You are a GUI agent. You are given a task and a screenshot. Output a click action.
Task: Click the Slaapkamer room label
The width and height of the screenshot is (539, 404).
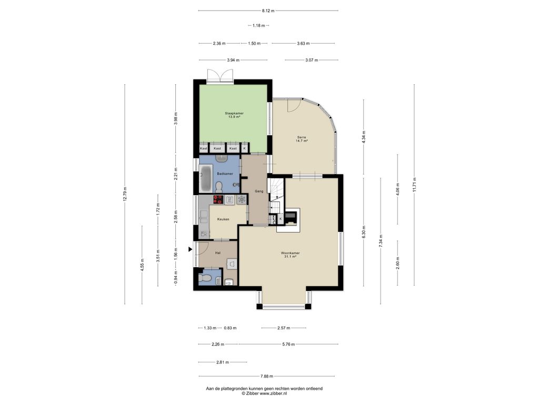tap(234, 114)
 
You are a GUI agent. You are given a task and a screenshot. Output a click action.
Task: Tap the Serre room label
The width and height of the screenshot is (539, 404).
tap(302, 137)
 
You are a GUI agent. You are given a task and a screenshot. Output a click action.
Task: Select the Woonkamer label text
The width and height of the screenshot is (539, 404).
tap(290, 253)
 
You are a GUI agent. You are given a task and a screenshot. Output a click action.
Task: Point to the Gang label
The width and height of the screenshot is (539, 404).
tap(259, 191)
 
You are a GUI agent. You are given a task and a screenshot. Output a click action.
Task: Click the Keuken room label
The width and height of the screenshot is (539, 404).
tap(223, 219)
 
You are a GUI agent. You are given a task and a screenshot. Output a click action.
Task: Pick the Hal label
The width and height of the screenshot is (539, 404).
tap(217, 253)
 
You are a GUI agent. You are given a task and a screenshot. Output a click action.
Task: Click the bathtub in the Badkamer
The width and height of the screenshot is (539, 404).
tap(206, 179)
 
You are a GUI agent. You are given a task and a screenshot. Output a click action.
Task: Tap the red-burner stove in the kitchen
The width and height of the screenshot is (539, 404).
tap(218, 200)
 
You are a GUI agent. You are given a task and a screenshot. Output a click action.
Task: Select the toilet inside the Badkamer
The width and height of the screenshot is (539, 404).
tap(218, 187)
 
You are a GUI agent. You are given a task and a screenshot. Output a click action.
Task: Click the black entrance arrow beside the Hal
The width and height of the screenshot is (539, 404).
tap(189, 250)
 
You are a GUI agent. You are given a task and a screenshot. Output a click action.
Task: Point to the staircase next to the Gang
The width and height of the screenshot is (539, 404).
tap(276, 201)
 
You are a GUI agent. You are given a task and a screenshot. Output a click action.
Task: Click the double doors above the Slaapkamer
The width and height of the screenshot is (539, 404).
tap(221, 76)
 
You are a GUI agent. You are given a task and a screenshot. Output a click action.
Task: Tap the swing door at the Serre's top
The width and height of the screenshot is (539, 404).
tap(293, 105)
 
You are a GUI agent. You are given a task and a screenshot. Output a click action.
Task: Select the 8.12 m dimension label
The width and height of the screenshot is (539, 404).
tap(268, 11)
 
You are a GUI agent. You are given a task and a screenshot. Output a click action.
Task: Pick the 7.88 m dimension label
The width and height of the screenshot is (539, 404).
tap(267, 376)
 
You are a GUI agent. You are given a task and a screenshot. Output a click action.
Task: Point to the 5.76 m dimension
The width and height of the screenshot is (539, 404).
tap(288, 344)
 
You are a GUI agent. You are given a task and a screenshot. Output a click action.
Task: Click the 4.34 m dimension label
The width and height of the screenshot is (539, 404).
tap(364, 137)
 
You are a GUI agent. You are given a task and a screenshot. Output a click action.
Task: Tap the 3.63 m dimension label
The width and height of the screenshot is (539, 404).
tap(303, 44)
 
